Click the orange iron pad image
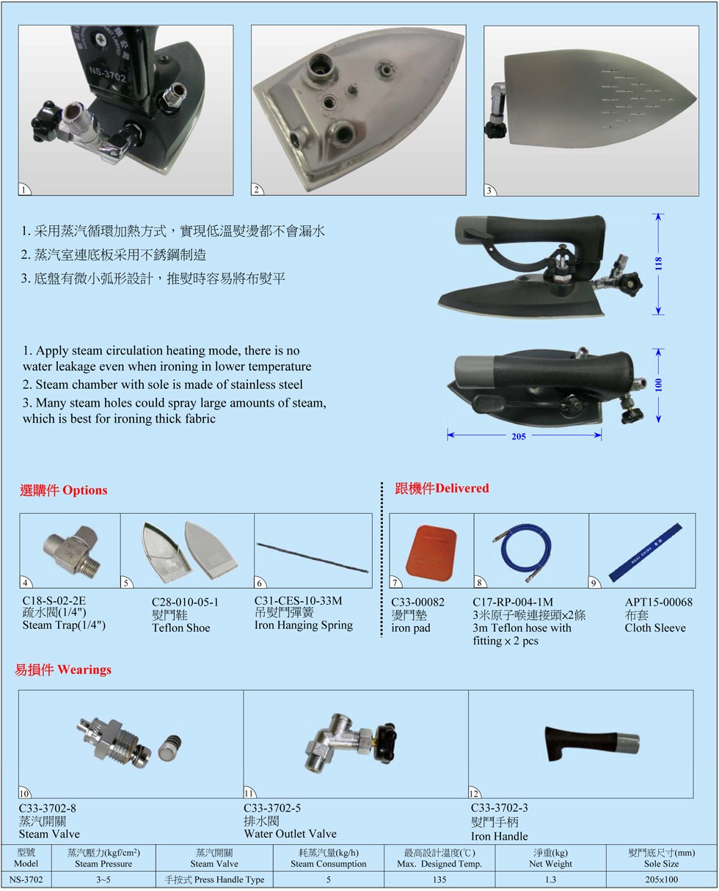coord(431,552)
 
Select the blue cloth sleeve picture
coord(645,552)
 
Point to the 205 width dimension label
coord(519,436)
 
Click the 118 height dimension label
coord(658,263)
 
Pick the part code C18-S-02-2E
coord(54,600)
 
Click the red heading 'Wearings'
coord(84,669)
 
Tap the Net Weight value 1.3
coord(550,880)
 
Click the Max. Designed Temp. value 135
coord(439,880)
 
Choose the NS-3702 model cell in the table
coord(26,880)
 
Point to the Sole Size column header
coord(661,858)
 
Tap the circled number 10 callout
coord(24,793)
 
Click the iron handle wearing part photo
coord(592,744)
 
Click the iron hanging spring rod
coord(313,558)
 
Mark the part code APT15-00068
coord(658,603)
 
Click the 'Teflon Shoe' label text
coord(181,628)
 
